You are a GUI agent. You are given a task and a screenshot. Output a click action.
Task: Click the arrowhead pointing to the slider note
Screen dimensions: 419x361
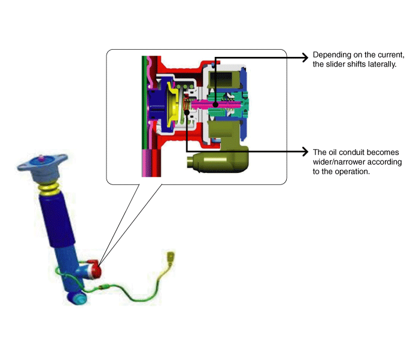pos(305,57)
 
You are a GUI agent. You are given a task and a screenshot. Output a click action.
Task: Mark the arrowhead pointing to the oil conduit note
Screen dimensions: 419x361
pos(305,151)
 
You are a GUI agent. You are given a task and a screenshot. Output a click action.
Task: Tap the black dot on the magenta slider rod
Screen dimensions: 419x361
pos(215,105)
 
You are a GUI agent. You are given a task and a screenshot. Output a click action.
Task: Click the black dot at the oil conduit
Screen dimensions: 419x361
pos(187,112)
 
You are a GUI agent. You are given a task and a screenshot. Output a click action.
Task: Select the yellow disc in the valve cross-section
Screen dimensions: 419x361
pos(172,105)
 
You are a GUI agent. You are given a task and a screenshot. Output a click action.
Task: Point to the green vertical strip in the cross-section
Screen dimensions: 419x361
pos(144,102)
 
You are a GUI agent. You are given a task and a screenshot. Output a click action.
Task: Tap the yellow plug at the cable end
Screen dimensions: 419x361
pos(171,257)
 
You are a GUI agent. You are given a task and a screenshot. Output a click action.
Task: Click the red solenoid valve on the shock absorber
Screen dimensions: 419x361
pos(94,269)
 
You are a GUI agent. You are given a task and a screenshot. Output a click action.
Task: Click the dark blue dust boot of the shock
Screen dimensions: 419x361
pos(57,220)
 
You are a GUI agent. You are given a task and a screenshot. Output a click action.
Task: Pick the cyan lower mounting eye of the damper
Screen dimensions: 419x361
pos(78,298)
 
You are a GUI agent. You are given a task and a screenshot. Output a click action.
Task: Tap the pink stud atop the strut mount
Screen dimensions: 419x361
pos(41,158)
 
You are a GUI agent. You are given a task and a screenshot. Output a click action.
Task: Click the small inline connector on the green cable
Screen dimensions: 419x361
pos(104,287)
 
